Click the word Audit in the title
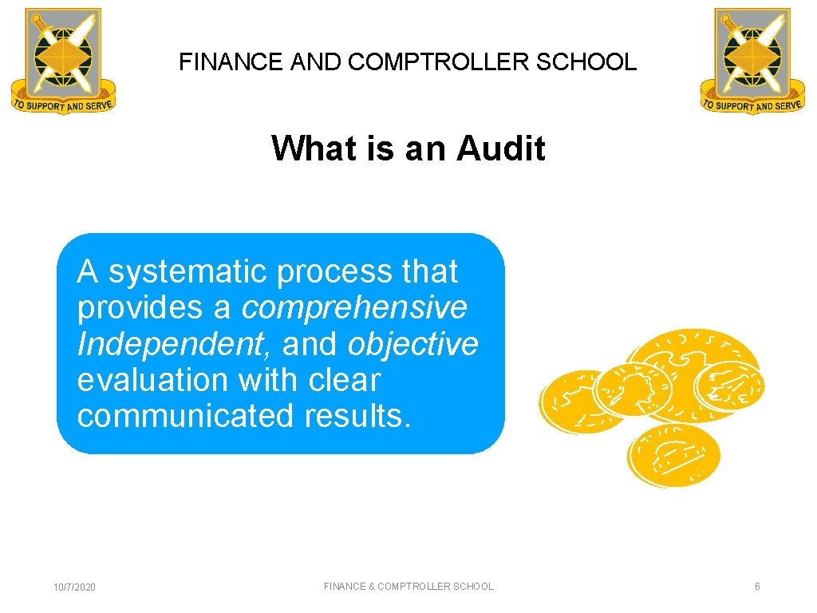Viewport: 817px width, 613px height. pyautogui.click(x=501, y=148)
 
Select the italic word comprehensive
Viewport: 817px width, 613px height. pyautogui.click(x=354, y=307)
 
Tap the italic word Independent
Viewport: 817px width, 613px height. pyautogui.click(x=170, y=344)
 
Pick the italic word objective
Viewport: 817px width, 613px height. pyautogui.click(x=412, y=344)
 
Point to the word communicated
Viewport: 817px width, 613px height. pyautogui.click(x=183, y=416)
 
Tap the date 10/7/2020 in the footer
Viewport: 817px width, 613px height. pyautogui.click(x=74, y=587)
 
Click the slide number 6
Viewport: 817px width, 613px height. pyautogui.click(x=757, y=587)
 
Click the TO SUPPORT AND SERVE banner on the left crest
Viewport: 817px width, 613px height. pyautogui.click(x=63, y=104)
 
